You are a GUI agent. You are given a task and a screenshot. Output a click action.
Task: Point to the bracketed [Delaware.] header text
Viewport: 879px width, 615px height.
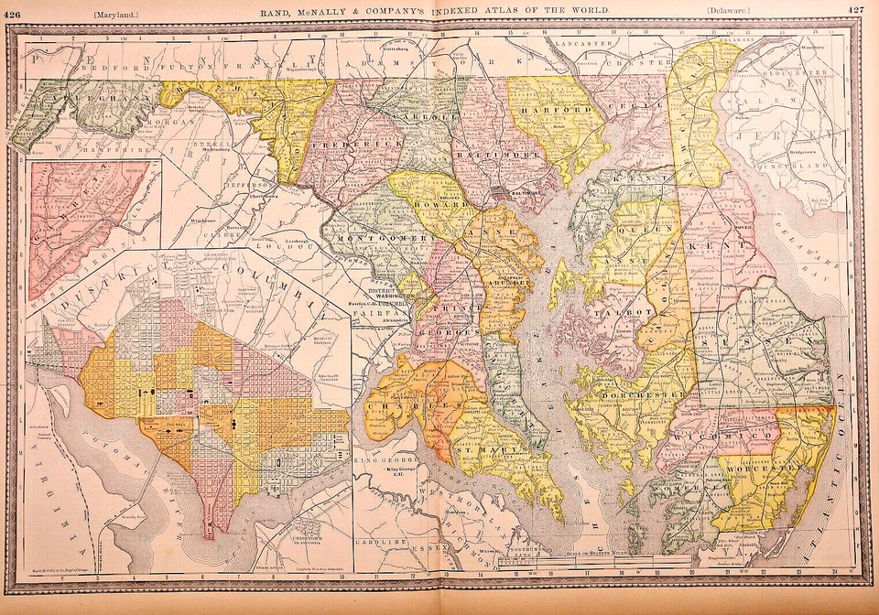[x=729, y=10]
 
